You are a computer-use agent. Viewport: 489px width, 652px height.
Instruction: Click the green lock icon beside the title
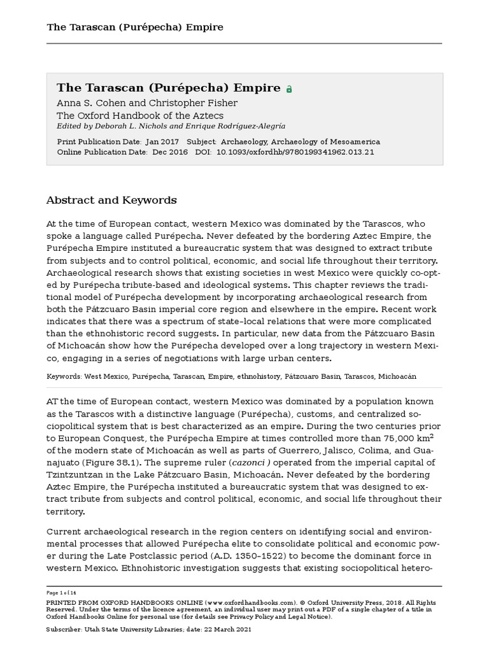coord(289,90)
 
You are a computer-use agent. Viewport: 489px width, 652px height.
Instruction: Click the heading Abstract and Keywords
coord(111,201)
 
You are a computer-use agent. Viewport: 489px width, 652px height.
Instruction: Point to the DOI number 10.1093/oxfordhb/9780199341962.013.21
coord(295,152)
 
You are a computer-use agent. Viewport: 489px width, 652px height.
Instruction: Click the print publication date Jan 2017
coord(162,142)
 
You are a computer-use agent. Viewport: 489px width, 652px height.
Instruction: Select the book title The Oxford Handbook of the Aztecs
coord(132,115)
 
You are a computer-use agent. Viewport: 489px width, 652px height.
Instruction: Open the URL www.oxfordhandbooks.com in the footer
coord(251,602)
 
